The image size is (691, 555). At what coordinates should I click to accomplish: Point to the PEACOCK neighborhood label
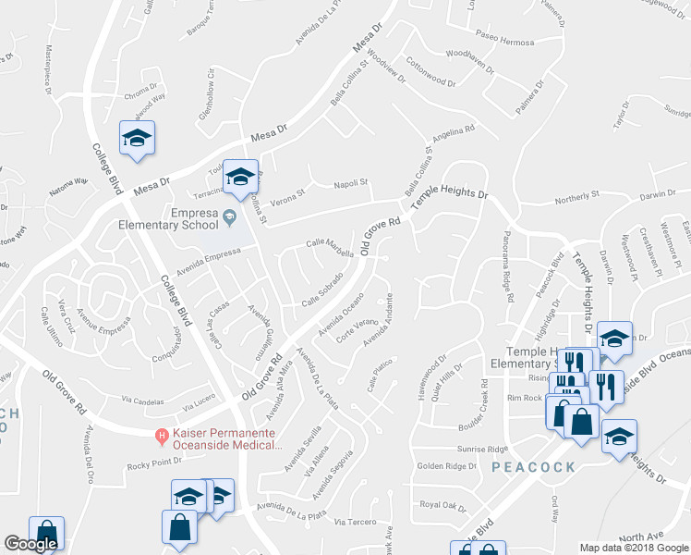click(x=534, y=467)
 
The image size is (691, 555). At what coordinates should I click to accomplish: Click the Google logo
click(x=30, y=544)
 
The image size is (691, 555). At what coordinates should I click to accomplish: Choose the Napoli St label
click(x=350, y=183)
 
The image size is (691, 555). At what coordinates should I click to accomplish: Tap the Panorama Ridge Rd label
click(x=507, y=266)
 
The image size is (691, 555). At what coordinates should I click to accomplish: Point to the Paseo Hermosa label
click(x=505, y=43)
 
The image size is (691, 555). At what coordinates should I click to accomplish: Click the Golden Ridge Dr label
click(x=446, y=465)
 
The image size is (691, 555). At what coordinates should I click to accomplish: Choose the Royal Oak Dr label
click(x=443, y=505)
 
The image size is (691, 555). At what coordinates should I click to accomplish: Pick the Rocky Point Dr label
click(x=154, y=464)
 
